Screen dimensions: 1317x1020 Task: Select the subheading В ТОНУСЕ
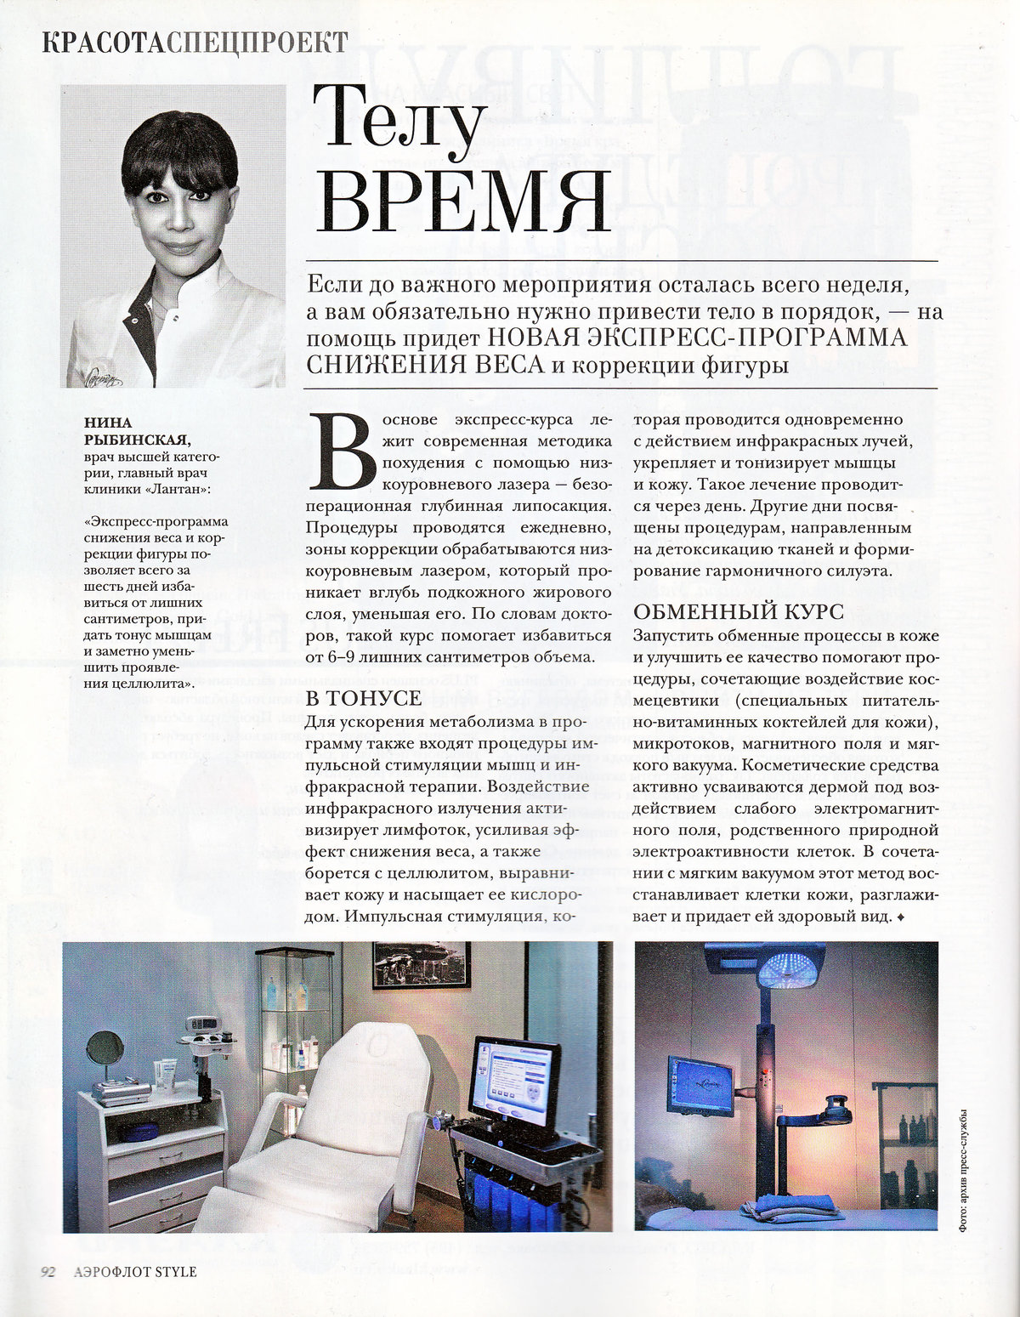[363, 698]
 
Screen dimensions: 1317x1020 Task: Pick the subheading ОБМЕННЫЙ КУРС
[738, 611]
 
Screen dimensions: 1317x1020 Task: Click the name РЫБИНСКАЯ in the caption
[136, 439]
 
